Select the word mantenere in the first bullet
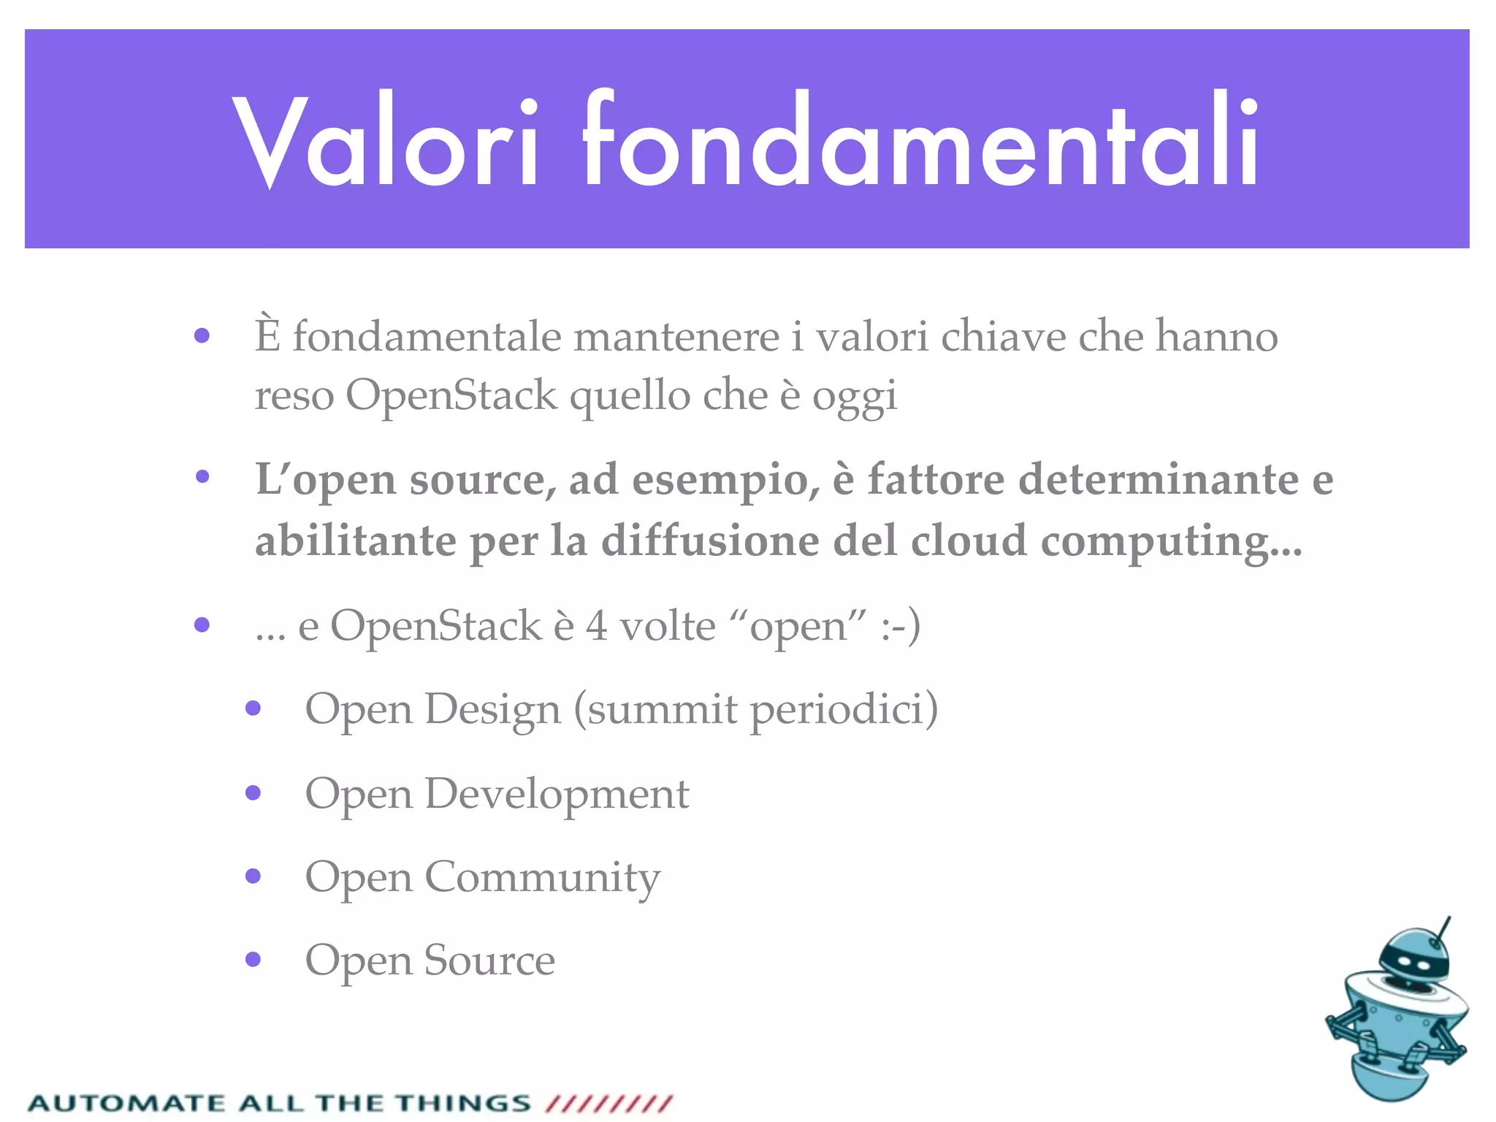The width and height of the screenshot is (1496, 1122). tap(676, 337)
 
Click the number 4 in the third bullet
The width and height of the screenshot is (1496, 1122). tap(597, 626)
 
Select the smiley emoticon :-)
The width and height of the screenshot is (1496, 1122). tap(900, 626)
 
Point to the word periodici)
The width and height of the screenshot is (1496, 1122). tap(844, 710)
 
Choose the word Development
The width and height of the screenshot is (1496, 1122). tap(557, 794)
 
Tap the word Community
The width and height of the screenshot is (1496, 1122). tap(542, 878)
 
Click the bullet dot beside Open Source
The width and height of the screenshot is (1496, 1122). tap(253, 959)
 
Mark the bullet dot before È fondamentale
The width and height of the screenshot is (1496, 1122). tap(202, 336)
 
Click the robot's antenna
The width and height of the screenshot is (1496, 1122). tap(1443, 930)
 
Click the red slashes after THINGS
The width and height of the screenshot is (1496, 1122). tap(609, 1103)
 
